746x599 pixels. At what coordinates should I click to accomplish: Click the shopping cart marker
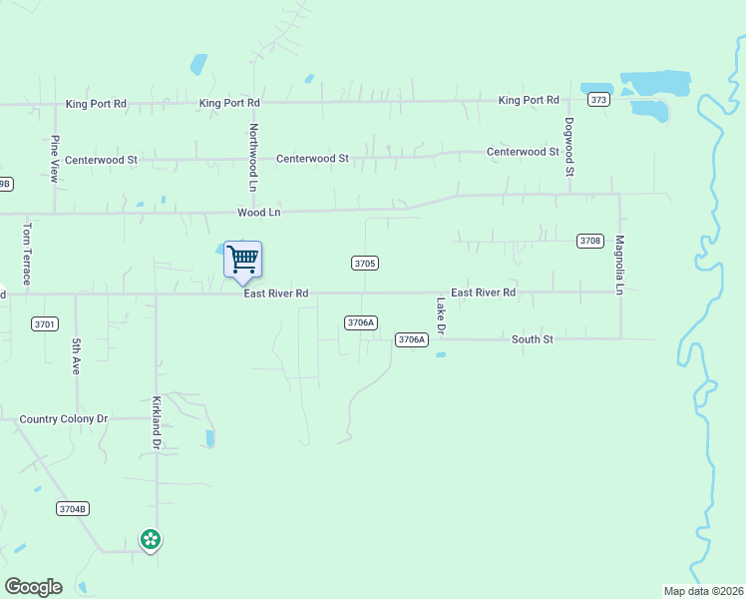click(x=242, y=260)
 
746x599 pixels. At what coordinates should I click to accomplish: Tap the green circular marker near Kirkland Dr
click(x=151, y=540)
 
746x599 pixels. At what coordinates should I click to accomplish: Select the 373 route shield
click(x=598, y=100)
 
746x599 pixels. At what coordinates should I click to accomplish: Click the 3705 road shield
click(x=364, y=263)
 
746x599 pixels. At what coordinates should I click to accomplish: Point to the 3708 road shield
click(x=589, y=241)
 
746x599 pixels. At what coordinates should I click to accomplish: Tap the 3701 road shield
click(x=45, y=323)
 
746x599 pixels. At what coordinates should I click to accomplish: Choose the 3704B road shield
click(x=73, y=509)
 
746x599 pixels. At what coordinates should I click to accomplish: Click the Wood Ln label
click(x=258, y=213)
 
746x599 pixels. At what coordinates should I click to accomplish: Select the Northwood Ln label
click(x=253, y=158)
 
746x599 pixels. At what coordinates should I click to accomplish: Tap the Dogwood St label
click(x=568, y=147)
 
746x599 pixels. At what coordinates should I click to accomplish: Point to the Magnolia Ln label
click(x=619, y=265)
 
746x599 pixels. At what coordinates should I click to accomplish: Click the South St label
click(x=532, y=339)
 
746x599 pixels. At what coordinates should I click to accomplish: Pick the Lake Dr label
click(x=441, y=315)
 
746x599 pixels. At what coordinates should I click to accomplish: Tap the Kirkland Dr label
click(x=156, y=422)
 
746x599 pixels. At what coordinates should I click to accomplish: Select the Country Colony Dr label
click(x=63, y=419)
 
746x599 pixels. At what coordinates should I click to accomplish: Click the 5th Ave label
click(x=76, y=356)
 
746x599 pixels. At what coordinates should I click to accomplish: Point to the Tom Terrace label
click(x=26, y=254)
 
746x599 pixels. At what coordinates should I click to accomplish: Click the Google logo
click(x=33, y=587)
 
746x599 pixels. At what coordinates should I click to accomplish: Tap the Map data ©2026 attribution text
click(x=703, y=591)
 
